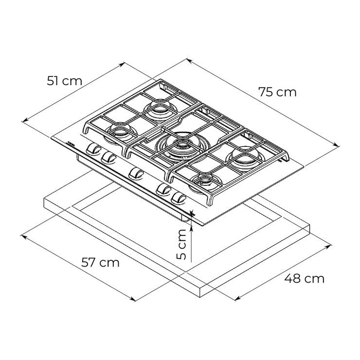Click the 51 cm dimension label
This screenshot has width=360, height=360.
(x=65, y=81)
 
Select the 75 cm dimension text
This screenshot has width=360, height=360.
(x=278, y=92)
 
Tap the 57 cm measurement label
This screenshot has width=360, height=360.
(x=100, y=262)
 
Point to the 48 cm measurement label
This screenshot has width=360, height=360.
(x=304, y=279)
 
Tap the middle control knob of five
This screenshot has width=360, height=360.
(x=136, y=173)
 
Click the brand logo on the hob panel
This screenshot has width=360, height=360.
(x=71, y=144)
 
